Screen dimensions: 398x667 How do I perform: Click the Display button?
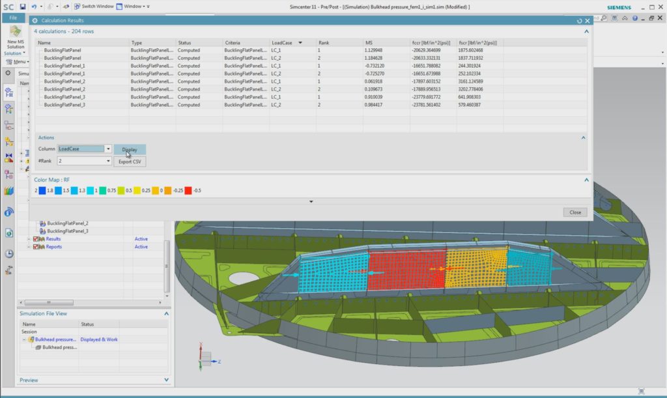pos(130,149)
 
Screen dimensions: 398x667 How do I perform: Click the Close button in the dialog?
pos(575,212)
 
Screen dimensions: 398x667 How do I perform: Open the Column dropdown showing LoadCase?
pos(85,149)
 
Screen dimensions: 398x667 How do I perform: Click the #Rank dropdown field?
pos(85,161)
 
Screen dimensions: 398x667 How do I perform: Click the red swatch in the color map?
pos(189,190)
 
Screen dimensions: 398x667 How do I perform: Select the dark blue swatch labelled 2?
pos(42,190)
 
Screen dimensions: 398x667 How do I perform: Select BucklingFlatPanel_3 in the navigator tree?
pos(68,231)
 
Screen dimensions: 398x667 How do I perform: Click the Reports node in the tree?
pos(54,247)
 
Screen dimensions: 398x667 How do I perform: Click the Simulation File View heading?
pos(43,313)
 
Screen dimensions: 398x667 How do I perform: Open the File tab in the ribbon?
pos(13,18)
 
